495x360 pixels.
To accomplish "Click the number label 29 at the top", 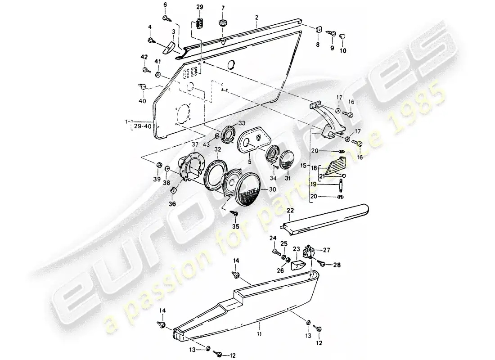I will pyautogui.click(x=200, y=7).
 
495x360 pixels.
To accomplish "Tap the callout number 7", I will pyautogui.click(x=222, y=8).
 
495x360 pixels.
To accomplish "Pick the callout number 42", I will pyautogui.click(x=144, y=57).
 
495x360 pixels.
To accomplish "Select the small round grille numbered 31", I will pyautogui.click(x=287, y=159).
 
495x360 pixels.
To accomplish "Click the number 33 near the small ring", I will pyautogui.click(x=241, y=123).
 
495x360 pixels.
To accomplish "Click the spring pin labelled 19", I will pyautogui.click(x=342, y=184).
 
